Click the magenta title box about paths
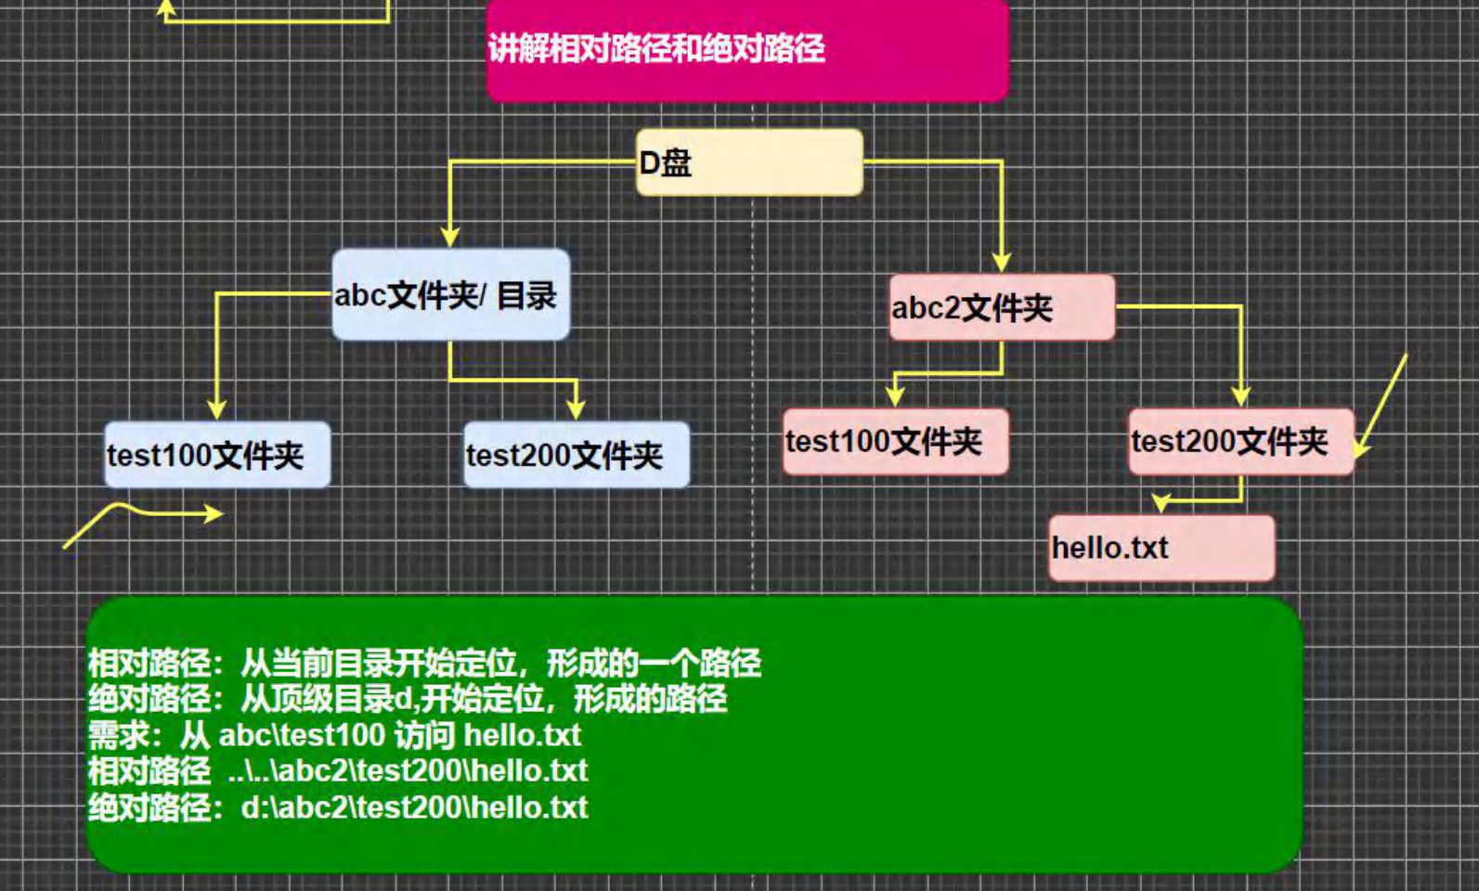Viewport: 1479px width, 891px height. click(x=746, y=50)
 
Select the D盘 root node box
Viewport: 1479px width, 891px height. click(x=749, y=162)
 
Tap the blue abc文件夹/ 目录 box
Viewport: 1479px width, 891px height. click(x=450, y=294)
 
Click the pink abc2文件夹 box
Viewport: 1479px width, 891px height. click(x=1002, y=307)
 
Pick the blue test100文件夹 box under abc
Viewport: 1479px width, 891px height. click(x=217, y=455)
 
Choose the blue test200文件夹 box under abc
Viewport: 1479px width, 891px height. click(x=577, y=455)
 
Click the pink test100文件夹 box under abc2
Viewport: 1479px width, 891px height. click(x=895, y=442)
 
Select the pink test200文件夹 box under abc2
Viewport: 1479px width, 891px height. click(x=1241, y=442)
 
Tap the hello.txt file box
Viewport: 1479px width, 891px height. click(x=1161, y=548)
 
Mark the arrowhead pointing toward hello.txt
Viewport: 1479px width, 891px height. click(x=1161, y=503)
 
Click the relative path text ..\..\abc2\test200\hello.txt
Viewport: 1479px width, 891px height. click(x=408, y=770)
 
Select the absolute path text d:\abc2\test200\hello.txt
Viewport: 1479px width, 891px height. click(x=414, y=807)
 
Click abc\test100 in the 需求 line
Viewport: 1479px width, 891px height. click(x=301, y=735)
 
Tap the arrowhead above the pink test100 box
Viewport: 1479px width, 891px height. click(x=895, y=396)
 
